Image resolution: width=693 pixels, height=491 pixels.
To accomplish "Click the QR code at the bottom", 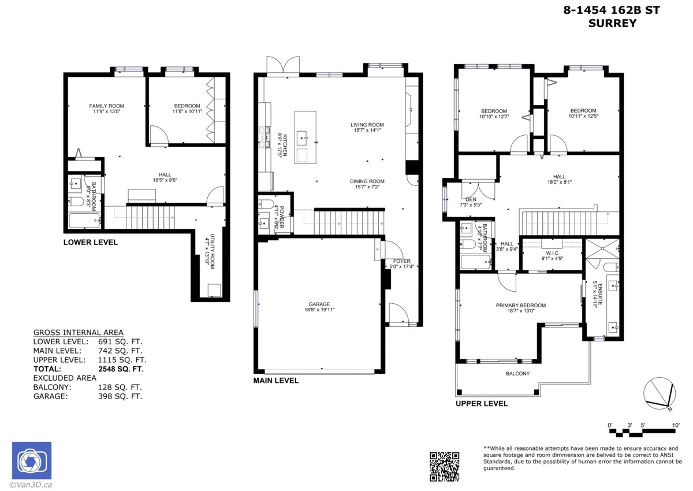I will tap(445, 467).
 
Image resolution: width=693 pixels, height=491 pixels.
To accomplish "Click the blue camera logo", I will tap(32, 460).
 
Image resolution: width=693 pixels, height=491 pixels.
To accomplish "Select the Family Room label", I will tap(106, 106).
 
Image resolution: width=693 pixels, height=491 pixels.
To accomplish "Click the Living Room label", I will tap(367, 125).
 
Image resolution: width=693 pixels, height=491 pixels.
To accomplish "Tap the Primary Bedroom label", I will tap(520, 306).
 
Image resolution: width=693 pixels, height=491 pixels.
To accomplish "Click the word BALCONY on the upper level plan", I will tap(517, 374).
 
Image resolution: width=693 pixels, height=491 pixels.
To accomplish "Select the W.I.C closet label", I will tap(551, 253).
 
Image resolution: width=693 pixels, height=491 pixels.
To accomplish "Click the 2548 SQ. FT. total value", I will tap(121, 369).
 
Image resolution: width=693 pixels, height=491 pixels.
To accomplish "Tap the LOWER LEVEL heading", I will tap(90, 242).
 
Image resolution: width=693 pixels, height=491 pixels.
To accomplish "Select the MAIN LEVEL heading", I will tap(276, 381).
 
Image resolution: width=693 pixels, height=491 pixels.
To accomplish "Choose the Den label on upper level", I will tap(471, 199).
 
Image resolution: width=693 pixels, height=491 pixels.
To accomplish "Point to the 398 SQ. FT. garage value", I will tap(120, 396).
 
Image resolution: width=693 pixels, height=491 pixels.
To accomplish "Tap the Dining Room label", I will tap(367, 181).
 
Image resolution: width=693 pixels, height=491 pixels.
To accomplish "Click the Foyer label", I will tap(401, 261).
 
